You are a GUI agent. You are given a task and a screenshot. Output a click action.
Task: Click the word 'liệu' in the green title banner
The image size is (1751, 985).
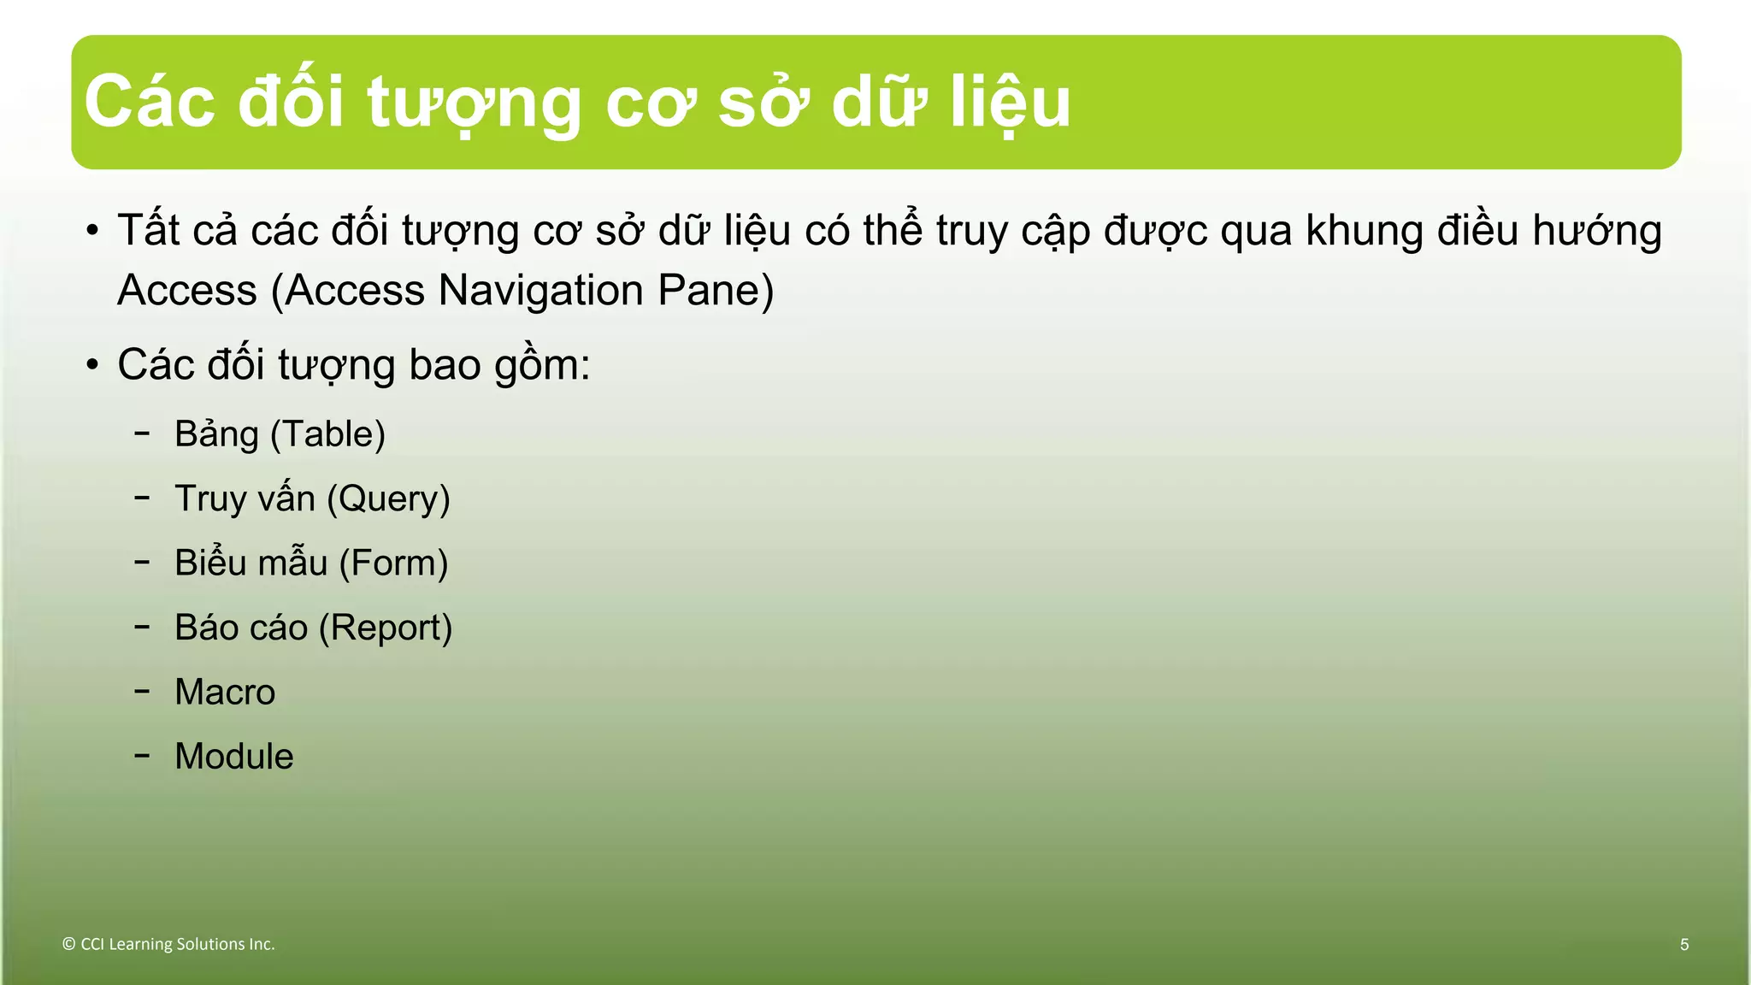pos(1011,103)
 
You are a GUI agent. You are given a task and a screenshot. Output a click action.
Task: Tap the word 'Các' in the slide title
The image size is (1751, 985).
pos(150,103)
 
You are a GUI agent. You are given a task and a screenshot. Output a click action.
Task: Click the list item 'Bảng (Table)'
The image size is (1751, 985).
pos(280,434)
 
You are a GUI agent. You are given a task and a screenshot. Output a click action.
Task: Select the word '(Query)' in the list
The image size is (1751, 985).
pos(388,499)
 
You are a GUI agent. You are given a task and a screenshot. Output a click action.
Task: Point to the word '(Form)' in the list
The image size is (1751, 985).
pos(393,563)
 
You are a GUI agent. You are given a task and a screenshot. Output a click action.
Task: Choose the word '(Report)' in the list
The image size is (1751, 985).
pos(385,628)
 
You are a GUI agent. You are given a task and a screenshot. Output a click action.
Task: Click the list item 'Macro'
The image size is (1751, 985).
pos(225,692)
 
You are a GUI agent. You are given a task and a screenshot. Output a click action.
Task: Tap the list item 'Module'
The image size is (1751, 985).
pos(233,757)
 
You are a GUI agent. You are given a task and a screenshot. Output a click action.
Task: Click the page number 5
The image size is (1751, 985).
pos(1684,945)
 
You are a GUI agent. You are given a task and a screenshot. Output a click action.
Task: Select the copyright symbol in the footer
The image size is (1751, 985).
pos(69,945)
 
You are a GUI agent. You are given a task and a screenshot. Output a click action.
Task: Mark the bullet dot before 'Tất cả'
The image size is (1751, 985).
pos(92,232)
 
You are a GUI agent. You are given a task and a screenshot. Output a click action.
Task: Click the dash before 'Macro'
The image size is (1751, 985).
pos(142,690)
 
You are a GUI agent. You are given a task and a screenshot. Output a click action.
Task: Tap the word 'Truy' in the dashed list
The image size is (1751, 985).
pos(210,499)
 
